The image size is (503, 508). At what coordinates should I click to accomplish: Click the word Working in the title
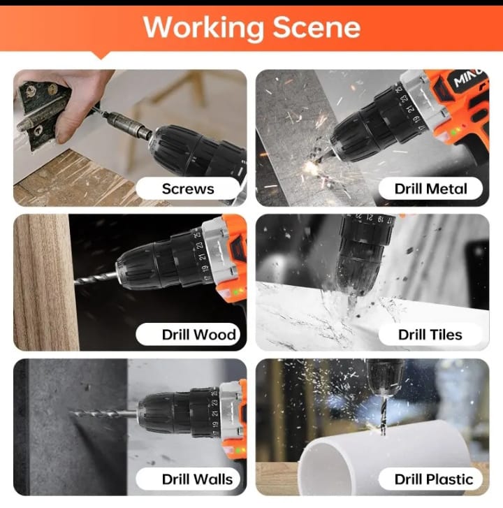[203, 28]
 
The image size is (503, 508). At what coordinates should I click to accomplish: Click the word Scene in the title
[316, 27]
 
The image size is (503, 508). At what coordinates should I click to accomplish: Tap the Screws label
[188, 189]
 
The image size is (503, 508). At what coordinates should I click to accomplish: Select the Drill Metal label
[431, 189]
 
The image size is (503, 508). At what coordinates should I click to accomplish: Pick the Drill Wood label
[199, 334]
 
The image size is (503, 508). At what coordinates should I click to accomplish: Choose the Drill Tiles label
[430, 334]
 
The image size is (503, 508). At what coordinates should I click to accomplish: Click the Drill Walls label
[197, 479]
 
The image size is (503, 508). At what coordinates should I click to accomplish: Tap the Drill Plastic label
[434, 479]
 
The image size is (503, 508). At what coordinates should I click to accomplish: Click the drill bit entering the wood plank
[96, 279]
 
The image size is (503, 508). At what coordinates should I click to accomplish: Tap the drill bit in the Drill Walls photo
[103, 414]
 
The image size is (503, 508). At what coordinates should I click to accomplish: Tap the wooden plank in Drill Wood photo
[45, 282]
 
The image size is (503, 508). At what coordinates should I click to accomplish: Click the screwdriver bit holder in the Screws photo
[129, 125]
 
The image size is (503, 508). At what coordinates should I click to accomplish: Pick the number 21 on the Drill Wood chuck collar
[203, 256]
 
